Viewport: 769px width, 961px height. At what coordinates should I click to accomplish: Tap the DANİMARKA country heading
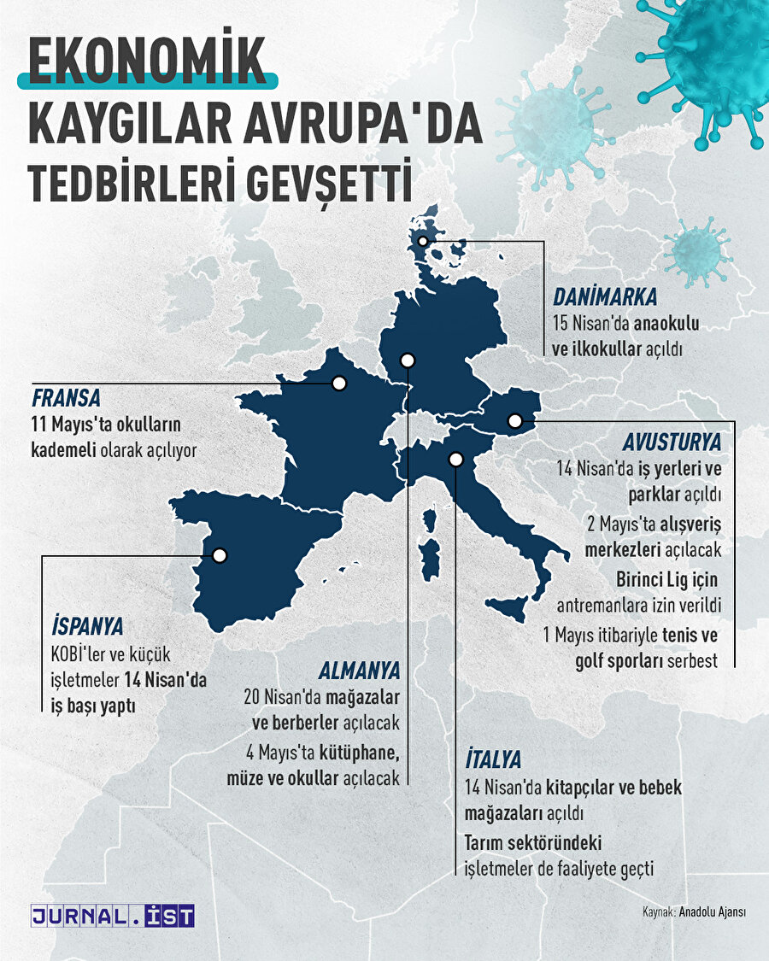pyautogui.click(x=605, y=297)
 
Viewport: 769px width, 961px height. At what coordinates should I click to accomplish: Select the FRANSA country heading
pyautogui.click(x=67, y=398)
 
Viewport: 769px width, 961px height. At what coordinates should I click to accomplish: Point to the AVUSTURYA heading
pyautogui.click(x=672, y=442)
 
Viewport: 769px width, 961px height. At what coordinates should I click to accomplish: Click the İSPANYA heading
pyautogui.click(x=88, y=626)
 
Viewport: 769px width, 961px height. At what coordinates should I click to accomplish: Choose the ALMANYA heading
pyautogui.click(x=360, y=669)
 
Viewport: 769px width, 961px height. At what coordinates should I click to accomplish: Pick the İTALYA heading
pyautogui.click(x=493, y=759)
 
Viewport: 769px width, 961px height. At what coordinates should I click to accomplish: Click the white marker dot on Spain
pyautogui.click(x=220, y=555)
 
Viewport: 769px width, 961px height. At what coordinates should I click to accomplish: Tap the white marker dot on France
pyautogui.click(x=339, y=384)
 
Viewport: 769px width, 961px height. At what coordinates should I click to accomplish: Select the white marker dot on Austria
pyautogui.click(x=514, y=420)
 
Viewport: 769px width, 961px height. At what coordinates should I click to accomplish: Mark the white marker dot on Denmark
pyautogui.click(x=423, y=242)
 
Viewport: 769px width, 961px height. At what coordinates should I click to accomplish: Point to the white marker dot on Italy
pyautogui.click(x=455, y=460)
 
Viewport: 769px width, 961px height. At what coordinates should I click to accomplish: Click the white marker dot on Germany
pyautogui.click(x=408, y=360)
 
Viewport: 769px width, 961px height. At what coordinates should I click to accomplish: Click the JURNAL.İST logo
pyautogui.click(x=113, y=916)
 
